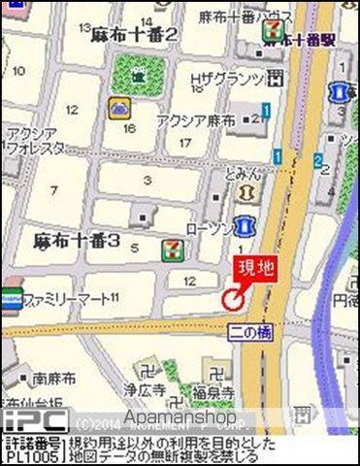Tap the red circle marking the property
tap(233, 300)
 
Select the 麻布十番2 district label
tap(135, 35)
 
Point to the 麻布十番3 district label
tap(77, 239)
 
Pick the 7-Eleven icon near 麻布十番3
tap(172, 250)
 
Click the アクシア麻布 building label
tap(196, 121)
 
